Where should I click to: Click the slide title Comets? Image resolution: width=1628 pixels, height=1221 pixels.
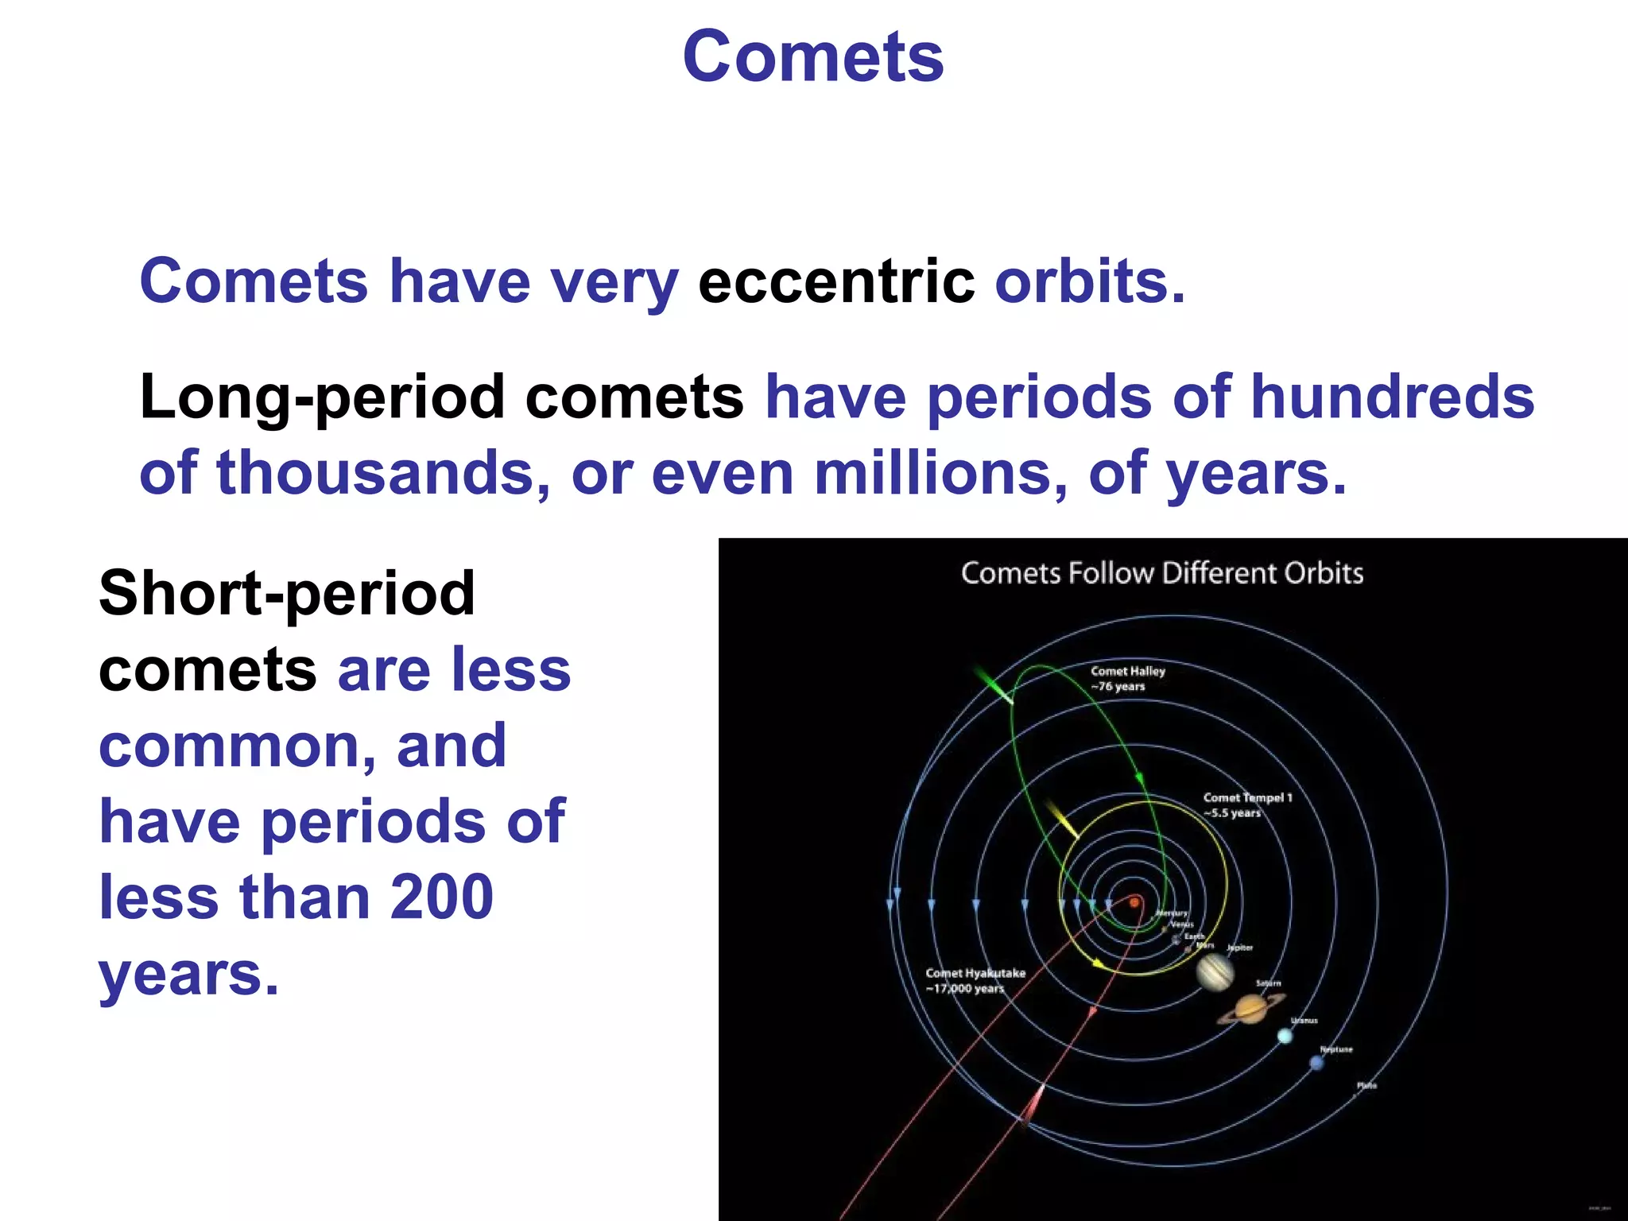pyautogui.click(x=813, y=57)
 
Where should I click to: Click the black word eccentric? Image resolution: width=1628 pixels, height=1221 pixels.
pyautogui.click(x=835, y=281)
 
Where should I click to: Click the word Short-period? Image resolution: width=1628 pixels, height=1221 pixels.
pyautogui.click(x=287, y=594)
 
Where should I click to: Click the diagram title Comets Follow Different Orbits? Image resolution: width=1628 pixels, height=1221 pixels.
pyautogui.click(x=1161, y=573)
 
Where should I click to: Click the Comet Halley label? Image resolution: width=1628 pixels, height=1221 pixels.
pyautogui.click(x=1127, y=671)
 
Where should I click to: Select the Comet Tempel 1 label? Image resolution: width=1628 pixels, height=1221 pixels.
pyautogui.click(x=1246, y=797)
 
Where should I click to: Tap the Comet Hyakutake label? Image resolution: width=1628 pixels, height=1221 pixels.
pyautogui.click(x=975, y=973)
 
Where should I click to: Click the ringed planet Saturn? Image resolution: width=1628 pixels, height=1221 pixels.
pyautogui.click(x=1250, y=1010)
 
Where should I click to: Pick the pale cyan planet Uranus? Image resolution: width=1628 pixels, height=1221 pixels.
pyautogui.click(x=1285, y=1036)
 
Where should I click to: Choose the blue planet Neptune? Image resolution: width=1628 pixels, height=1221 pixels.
pyautogui.click(x=1316, y=1063)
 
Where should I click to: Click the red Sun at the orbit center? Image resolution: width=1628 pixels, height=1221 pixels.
pyautogui.click(x=1135, y=902)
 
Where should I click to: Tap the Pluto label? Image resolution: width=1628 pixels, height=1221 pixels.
pyautogui.click(x=1366, y=1085)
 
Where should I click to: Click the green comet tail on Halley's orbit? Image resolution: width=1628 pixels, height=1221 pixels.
pyautogui.click(x=992, y=685)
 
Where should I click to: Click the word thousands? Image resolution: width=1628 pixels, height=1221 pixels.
pyautogui.click(x=384, y=473)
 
